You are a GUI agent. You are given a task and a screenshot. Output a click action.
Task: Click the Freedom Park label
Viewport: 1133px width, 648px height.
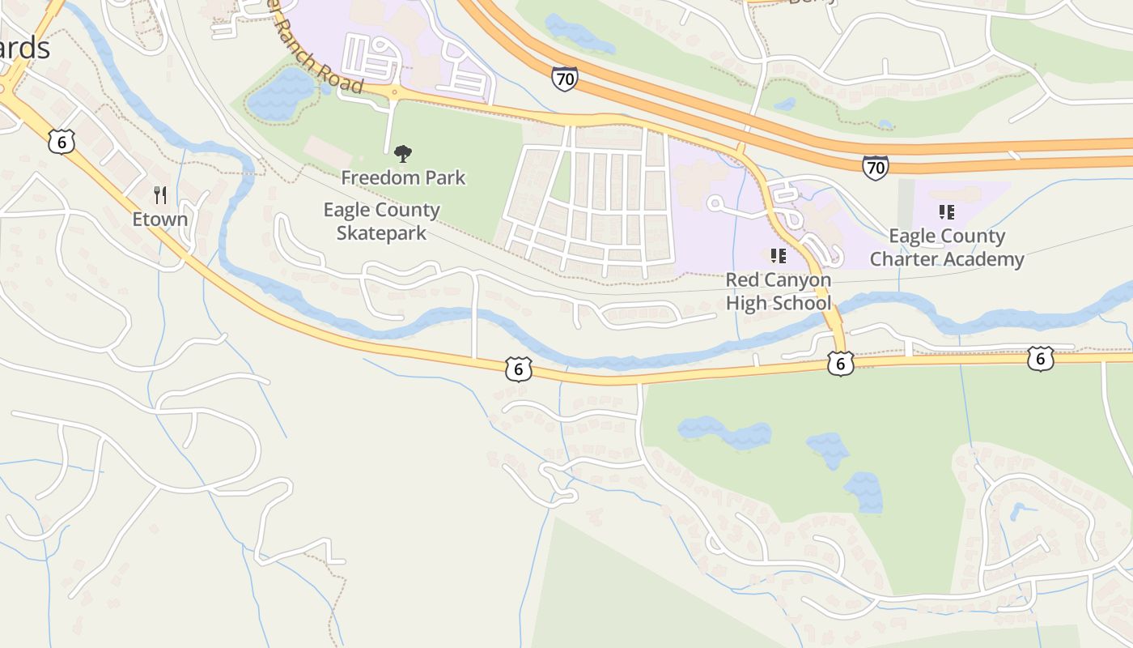pos(403,177)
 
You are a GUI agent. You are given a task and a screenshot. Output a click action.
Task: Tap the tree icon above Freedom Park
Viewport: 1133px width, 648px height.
pos(402,153)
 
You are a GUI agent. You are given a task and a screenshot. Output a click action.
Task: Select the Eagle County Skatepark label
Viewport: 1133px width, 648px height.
pos(381,221)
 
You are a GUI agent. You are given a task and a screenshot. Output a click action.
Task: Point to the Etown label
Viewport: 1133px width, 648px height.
pos(160,219)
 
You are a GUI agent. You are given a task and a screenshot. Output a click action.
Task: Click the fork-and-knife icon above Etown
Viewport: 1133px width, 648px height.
pos(160,195)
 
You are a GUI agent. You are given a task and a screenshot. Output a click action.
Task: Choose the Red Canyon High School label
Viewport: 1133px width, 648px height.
pos(778,292)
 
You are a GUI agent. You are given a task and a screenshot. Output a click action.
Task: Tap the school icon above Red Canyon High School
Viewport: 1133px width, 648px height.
pos(779,257)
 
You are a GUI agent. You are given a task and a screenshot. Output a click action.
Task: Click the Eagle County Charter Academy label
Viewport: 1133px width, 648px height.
pos(947,248)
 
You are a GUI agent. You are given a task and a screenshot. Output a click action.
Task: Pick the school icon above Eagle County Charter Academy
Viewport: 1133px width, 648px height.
pos(946,212)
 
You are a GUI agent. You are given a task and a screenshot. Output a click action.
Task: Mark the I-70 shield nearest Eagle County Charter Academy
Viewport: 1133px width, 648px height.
pos(875,168)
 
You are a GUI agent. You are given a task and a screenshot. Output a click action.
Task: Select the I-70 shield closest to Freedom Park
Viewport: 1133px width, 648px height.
pos(565,79)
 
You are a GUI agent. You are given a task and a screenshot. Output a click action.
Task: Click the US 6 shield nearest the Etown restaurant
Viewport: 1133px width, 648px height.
pos(62,142)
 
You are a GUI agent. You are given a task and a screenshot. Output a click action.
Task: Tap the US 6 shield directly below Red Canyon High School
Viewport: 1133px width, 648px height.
pos(841,364)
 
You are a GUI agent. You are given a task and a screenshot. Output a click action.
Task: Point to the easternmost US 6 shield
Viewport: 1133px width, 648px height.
pos(1040,359)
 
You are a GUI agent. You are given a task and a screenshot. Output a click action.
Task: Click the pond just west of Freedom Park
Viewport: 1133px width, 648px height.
pos(280,95)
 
